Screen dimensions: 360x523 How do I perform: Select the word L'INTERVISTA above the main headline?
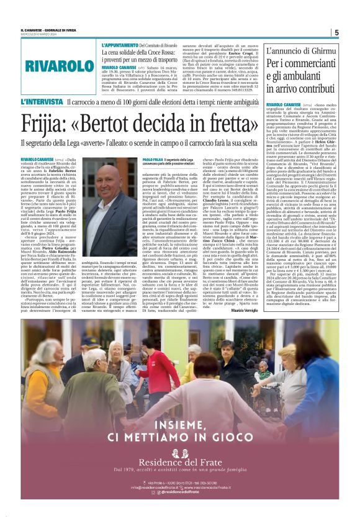tap(42, 101)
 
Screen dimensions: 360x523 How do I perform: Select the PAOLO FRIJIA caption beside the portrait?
tap(153, 159)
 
